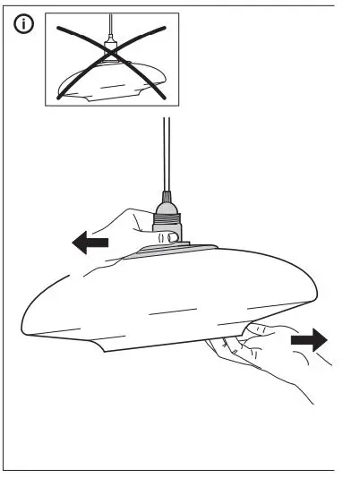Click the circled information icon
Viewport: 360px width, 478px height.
(25, 26)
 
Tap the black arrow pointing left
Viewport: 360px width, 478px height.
(90, 242)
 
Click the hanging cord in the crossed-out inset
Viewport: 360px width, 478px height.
(111, 26)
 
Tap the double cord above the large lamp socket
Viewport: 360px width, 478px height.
(166, 152)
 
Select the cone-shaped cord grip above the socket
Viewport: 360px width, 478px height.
(167, 196)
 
